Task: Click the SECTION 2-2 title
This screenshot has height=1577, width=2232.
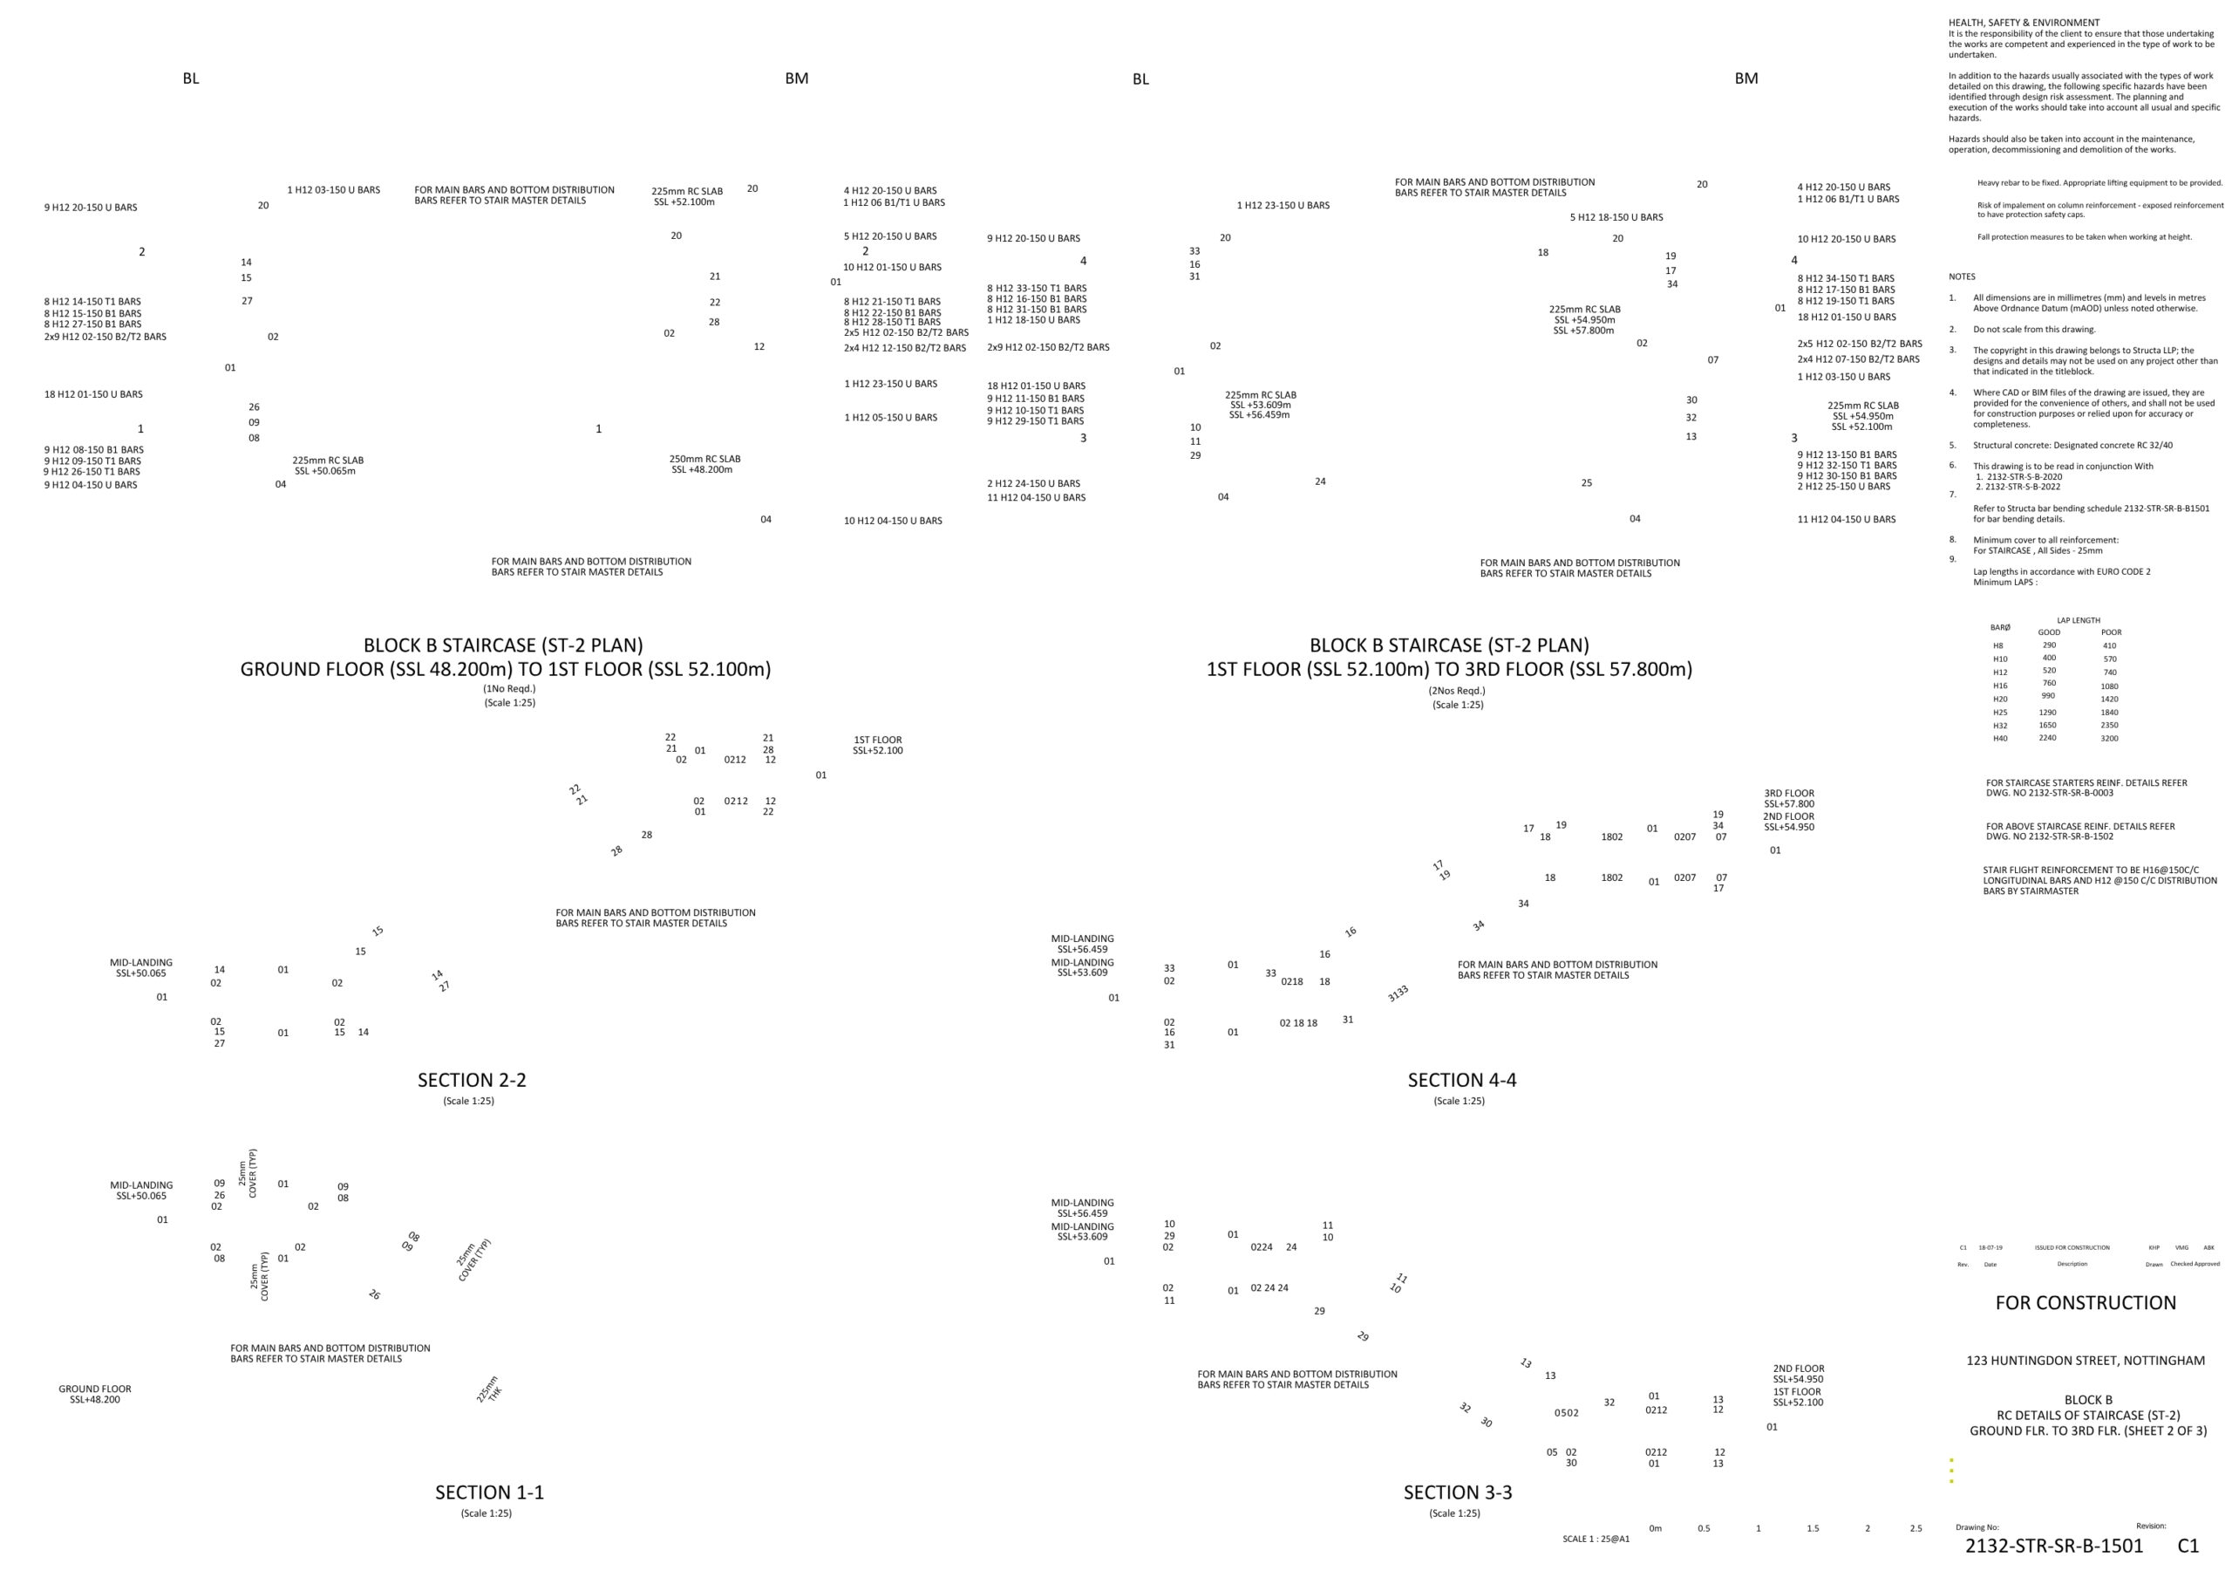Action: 472,1079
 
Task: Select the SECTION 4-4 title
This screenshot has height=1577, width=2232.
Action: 1461,1079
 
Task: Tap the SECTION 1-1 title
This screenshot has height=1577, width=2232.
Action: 489,1492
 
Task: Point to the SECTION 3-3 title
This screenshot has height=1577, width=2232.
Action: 1457,1492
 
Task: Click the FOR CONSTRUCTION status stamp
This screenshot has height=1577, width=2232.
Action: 2086,1303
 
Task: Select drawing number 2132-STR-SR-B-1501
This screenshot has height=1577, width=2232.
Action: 2053,1546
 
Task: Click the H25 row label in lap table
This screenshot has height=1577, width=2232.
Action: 2000,713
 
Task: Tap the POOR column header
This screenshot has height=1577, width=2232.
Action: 2111,632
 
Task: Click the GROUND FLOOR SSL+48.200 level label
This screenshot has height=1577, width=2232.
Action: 94,1394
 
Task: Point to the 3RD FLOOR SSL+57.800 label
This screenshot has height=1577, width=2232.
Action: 1789,799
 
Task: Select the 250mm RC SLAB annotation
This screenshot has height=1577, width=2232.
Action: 704,459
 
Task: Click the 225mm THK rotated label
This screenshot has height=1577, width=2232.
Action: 489,1389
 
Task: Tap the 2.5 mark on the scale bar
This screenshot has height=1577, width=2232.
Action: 1916,1528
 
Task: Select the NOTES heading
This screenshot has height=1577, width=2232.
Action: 1962,277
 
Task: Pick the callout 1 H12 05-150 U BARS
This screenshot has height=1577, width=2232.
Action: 890,418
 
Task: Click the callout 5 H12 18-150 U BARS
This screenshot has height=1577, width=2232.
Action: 1616,218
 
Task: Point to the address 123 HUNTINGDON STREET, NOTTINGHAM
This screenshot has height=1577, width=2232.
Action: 2086,1362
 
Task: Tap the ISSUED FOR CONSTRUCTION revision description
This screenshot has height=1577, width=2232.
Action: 2072,1247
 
